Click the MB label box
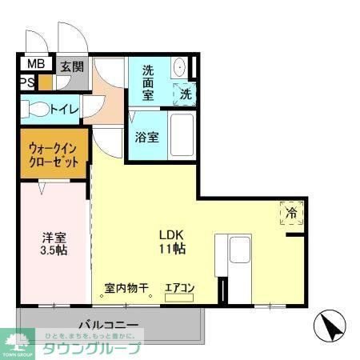pos(35,65)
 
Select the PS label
pos(27,82)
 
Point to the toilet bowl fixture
pos(36,107)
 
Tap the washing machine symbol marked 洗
pos(185,93)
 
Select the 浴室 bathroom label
pos(147,137)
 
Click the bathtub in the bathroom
pos(183,137)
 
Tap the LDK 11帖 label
pos(172,242)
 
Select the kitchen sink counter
pos(240,256)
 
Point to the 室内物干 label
pos(126,288)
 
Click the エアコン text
pos(179,288)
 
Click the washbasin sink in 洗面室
pos(179,67)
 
